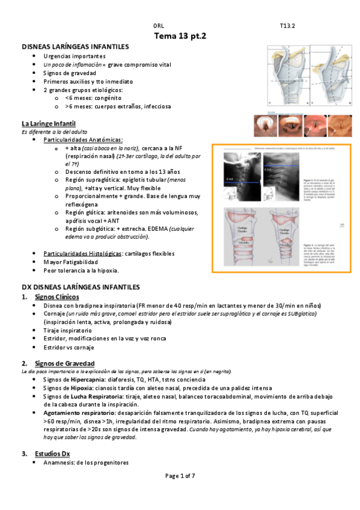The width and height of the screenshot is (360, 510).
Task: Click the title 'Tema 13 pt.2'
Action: [180, 36]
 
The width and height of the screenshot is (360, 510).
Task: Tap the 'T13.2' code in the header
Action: [287, 26]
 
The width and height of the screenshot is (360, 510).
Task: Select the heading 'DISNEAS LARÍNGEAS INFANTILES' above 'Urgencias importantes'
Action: [75, 46]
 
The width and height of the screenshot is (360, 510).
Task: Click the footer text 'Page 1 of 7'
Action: [180, 476]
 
